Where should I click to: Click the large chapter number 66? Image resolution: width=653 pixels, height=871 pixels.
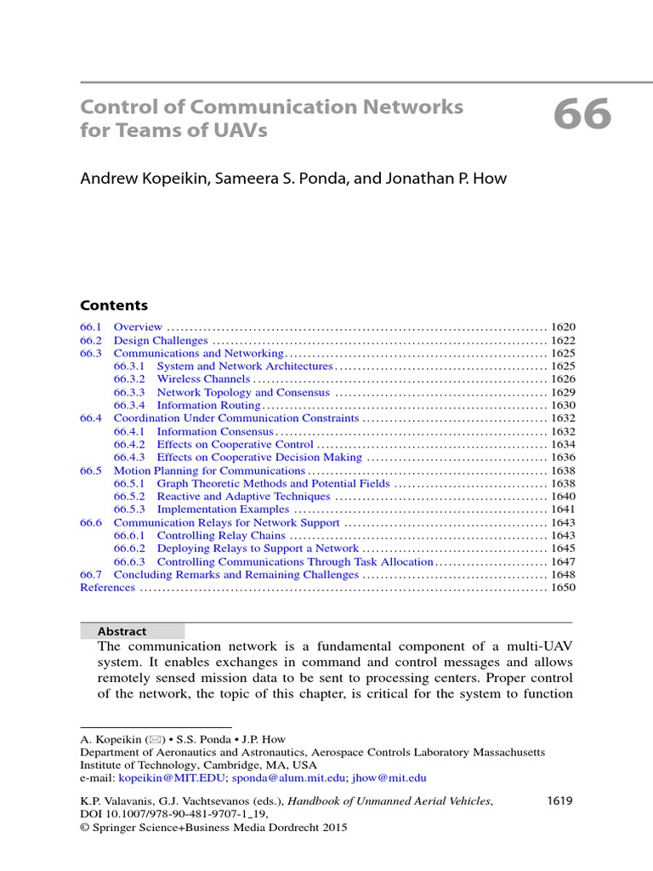point(582,116)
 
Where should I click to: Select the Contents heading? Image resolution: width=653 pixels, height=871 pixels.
point(114,305)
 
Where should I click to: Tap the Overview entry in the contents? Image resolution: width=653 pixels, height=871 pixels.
point(138,327)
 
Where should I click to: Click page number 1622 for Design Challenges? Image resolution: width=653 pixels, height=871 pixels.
point(563,340)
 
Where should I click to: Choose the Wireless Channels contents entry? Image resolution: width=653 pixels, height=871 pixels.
point(203,379)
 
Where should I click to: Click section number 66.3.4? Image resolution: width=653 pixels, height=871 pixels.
point(130,406)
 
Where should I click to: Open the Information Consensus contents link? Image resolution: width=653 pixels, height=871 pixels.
point(215,431)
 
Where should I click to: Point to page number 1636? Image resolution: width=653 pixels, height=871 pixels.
point(563,458)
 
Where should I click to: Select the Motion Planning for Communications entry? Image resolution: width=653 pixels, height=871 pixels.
point(209,470)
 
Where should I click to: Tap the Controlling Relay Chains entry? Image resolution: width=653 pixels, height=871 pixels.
point(221,536)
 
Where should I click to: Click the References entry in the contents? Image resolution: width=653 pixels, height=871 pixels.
point(107,588)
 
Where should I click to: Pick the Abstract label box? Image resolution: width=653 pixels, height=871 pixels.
point(132,631)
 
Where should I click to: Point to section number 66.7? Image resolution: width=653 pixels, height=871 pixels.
point(91,575)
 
